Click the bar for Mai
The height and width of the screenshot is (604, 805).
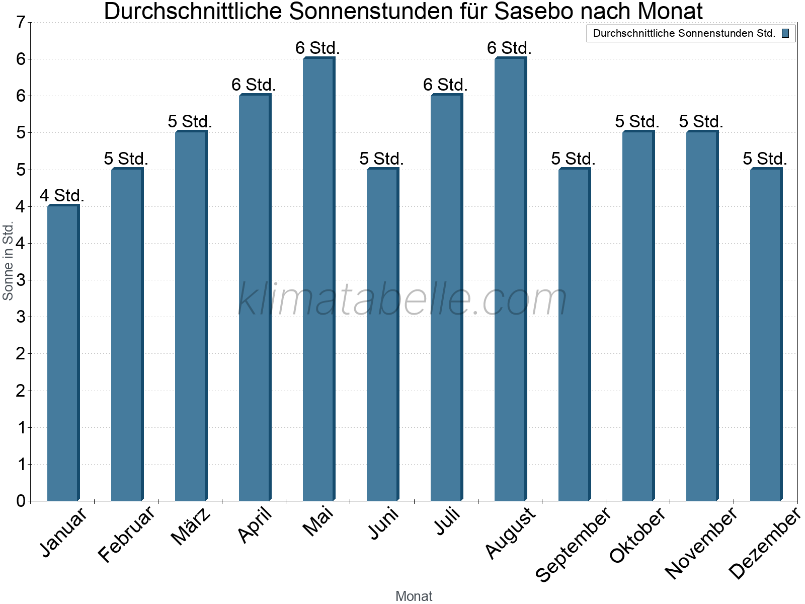318,279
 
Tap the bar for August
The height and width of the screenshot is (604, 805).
510,279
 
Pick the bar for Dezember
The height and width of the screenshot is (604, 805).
766,335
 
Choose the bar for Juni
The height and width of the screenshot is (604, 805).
382,335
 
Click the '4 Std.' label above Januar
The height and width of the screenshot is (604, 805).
62,195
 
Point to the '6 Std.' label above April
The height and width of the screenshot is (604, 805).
254,85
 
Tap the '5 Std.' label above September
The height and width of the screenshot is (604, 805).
573,159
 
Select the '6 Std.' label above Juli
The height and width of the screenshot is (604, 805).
445,85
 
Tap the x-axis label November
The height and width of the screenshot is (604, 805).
701,543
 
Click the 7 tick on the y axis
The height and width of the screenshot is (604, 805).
21,23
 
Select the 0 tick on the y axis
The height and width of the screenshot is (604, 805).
21,501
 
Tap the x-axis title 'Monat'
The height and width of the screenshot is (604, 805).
414,596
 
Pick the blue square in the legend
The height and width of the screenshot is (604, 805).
785,34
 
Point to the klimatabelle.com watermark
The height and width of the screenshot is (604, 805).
403,299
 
